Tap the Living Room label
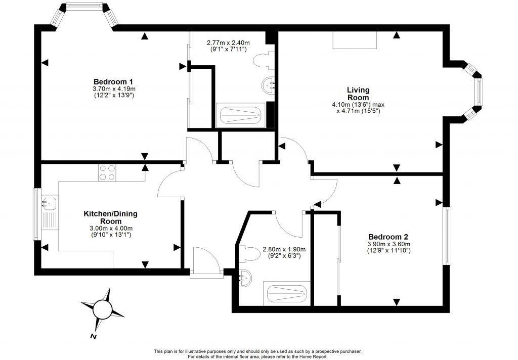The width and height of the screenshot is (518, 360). click(358, 94)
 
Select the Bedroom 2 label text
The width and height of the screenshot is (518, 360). click(388, 237)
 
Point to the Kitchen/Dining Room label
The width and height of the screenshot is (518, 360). click(110, 217)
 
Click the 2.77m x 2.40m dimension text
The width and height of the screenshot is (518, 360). click(228, 43)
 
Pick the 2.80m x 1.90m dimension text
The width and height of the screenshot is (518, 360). click(284, 249)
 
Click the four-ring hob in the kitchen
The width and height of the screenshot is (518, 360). click(107, 172)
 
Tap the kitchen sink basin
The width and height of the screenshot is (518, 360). click(48, 201)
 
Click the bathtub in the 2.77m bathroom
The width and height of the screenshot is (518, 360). click(240, 115)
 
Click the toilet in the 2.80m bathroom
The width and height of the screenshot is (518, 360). click(249, 254)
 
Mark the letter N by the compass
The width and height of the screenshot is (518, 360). click(94, 337)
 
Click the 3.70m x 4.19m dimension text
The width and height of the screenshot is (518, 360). click(114, 88)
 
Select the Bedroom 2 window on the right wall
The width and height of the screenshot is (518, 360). click(447, 236)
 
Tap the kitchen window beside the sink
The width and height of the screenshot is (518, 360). click(37, 214)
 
